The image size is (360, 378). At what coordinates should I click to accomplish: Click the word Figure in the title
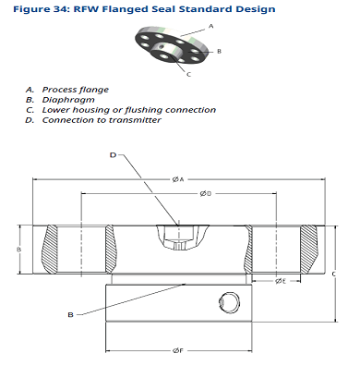coord(32,9)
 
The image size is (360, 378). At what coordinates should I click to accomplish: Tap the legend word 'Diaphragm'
coord(68,100)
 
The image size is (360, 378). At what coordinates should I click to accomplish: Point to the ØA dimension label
coord(178,179)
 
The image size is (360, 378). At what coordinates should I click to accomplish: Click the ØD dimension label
coord(206,193)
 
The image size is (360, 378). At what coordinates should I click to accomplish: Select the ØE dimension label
coord(281,281)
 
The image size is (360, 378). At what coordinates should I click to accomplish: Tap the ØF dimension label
coord(178,350)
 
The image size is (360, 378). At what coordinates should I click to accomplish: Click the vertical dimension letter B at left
coord(18,250)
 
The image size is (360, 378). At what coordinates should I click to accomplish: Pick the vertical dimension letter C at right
coord(334,274)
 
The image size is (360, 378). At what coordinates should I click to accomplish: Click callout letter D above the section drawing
coord(113,155)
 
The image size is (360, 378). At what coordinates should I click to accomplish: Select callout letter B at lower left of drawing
coord(70,315)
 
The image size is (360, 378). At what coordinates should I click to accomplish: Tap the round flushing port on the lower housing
coord(229,302)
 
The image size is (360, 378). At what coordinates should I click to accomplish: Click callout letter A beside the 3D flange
coord(210,27)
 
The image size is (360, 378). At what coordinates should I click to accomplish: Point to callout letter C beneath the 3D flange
coord(188,74)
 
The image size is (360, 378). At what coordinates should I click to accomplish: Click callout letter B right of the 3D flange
coord(219,52)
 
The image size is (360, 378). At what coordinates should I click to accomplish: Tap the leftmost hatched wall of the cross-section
coord(49,249)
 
